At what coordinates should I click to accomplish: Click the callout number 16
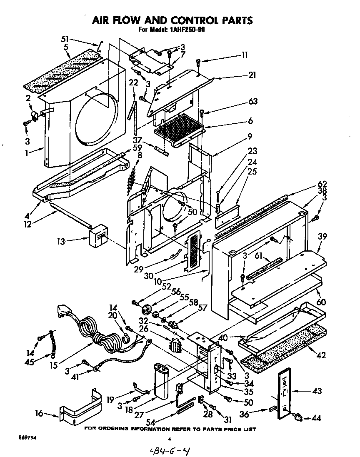pyautogui.click(x=39, y=414)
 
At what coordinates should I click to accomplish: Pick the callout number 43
pyautogui.click(x=317, y=391)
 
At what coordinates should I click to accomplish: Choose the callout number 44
pyautogui.click(x=317, y=418)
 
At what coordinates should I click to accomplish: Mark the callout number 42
pyautogui.click(x=321, y=355)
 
